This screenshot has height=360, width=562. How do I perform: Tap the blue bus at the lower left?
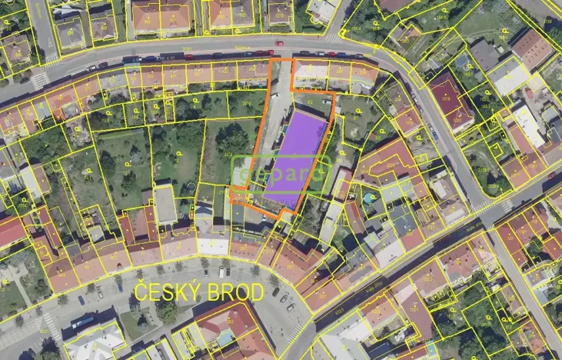(83, 322)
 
